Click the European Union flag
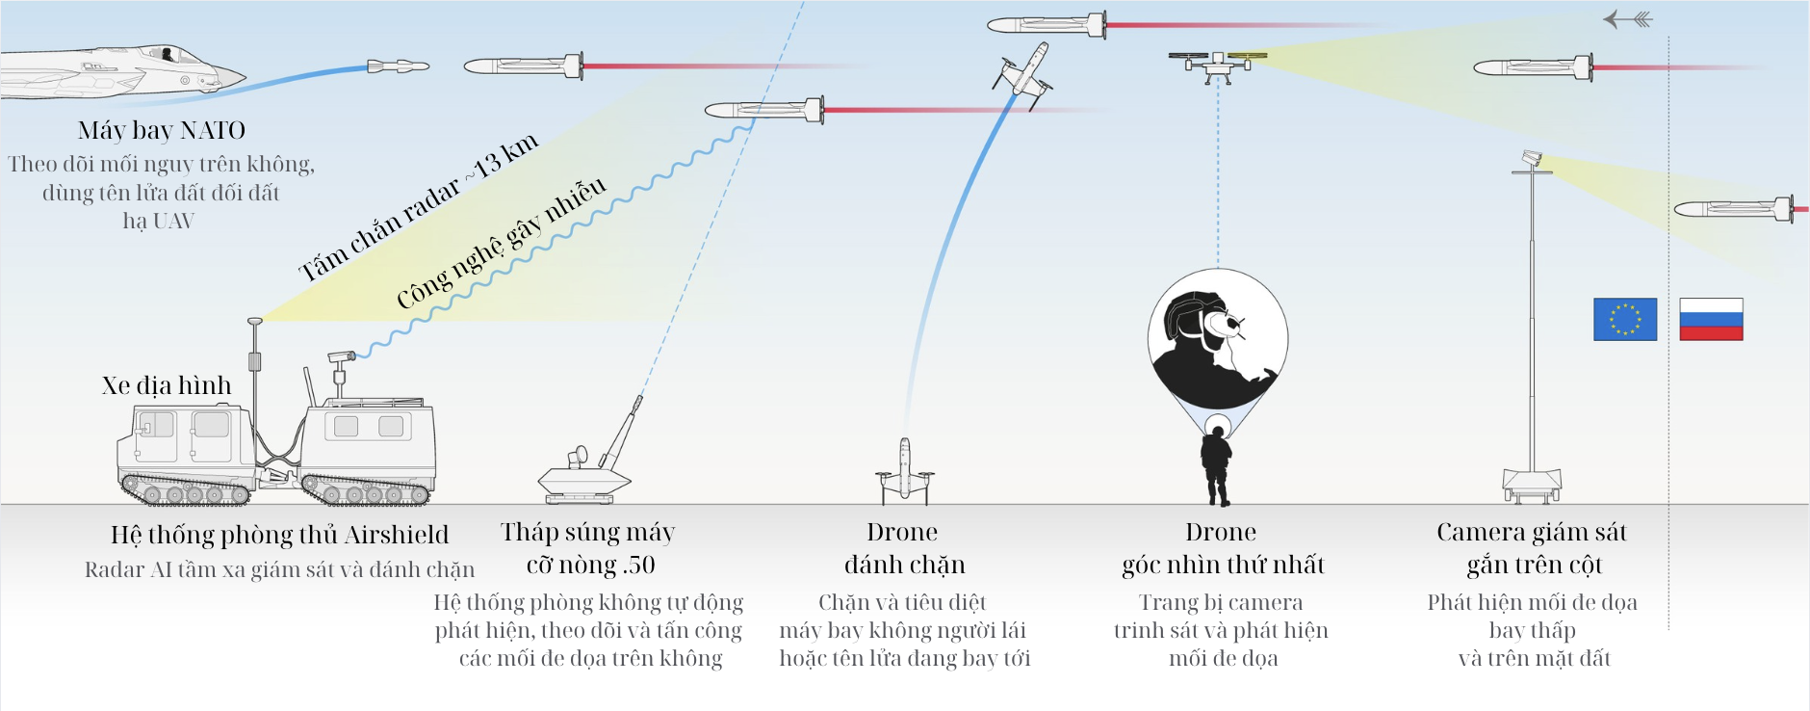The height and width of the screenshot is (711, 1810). point(1625,319)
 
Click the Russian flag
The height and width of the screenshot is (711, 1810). point(1711,319)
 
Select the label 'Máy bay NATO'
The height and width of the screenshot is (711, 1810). point(162,130)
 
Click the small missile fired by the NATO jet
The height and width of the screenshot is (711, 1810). point(398,66)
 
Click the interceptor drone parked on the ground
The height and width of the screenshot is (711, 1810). point(904,472)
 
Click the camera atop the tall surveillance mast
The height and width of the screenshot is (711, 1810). point(1531,158)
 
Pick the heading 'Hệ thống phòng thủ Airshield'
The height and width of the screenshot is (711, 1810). point(279,535)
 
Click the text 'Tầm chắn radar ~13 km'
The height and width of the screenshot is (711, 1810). point(418,207)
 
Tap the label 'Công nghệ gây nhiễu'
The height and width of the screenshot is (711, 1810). point(502,244)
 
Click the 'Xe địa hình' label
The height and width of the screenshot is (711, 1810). point(167,385)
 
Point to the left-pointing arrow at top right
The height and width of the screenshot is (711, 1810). point(1627,19)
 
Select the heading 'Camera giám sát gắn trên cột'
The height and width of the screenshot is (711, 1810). point(1532,547)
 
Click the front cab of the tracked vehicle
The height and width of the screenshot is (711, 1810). point(183,438)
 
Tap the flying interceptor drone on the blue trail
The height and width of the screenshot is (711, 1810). point(1022,71)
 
